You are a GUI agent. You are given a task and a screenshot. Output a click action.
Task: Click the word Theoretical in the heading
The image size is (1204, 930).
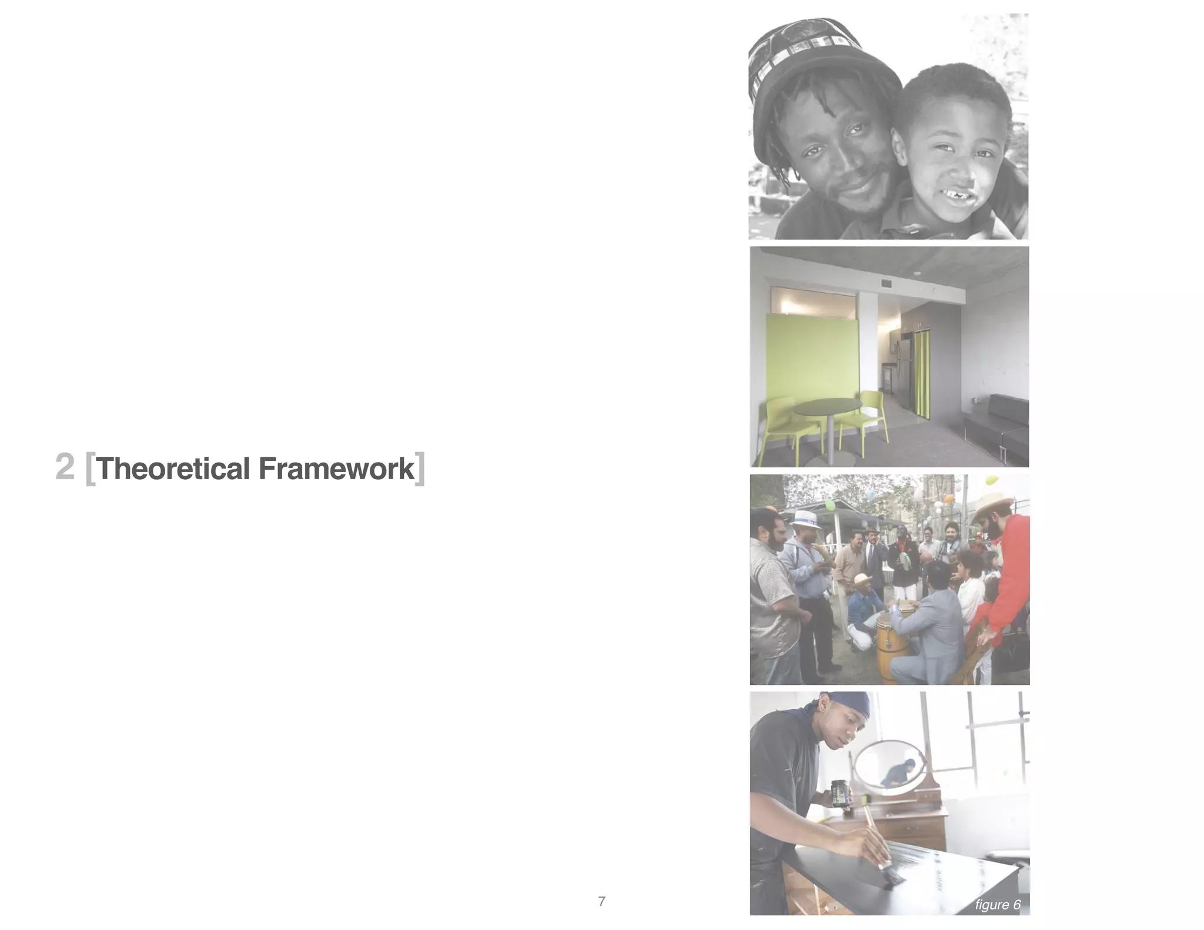coord(174,469)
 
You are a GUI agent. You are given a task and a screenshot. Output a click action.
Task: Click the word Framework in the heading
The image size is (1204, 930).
coord(336,469)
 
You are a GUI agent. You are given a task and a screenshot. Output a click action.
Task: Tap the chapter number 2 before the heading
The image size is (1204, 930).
coord(65,467)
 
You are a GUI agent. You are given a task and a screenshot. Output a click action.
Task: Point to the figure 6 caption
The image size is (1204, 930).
coord(998,905)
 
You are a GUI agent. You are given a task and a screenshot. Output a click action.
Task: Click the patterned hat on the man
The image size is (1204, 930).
coord(817,53)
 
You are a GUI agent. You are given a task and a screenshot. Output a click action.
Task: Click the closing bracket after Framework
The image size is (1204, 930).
coord(419,469)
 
